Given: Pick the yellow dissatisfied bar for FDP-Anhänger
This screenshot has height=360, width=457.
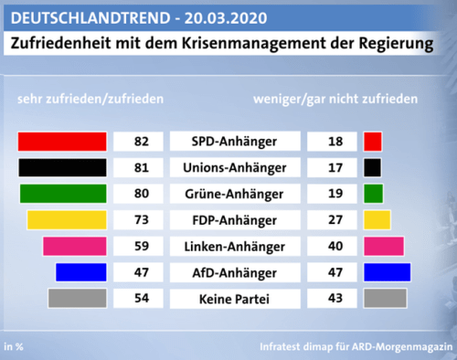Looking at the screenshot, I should point(377,220).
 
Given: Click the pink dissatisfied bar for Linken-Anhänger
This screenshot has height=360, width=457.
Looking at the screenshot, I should point(383,246).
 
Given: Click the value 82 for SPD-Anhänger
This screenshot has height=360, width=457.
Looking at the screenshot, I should point(141,142).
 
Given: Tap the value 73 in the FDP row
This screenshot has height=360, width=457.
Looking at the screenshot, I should point(141,220).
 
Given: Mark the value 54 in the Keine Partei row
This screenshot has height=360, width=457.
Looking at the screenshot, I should point(141,298).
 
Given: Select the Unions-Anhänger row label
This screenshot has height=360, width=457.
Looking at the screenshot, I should point(235,167).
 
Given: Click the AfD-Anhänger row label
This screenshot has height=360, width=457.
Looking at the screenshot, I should point(235,272).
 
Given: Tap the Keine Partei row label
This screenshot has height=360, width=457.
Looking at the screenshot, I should point(235,298).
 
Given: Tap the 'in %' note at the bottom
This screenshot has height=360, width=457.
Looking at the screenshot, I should point(15,346).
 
